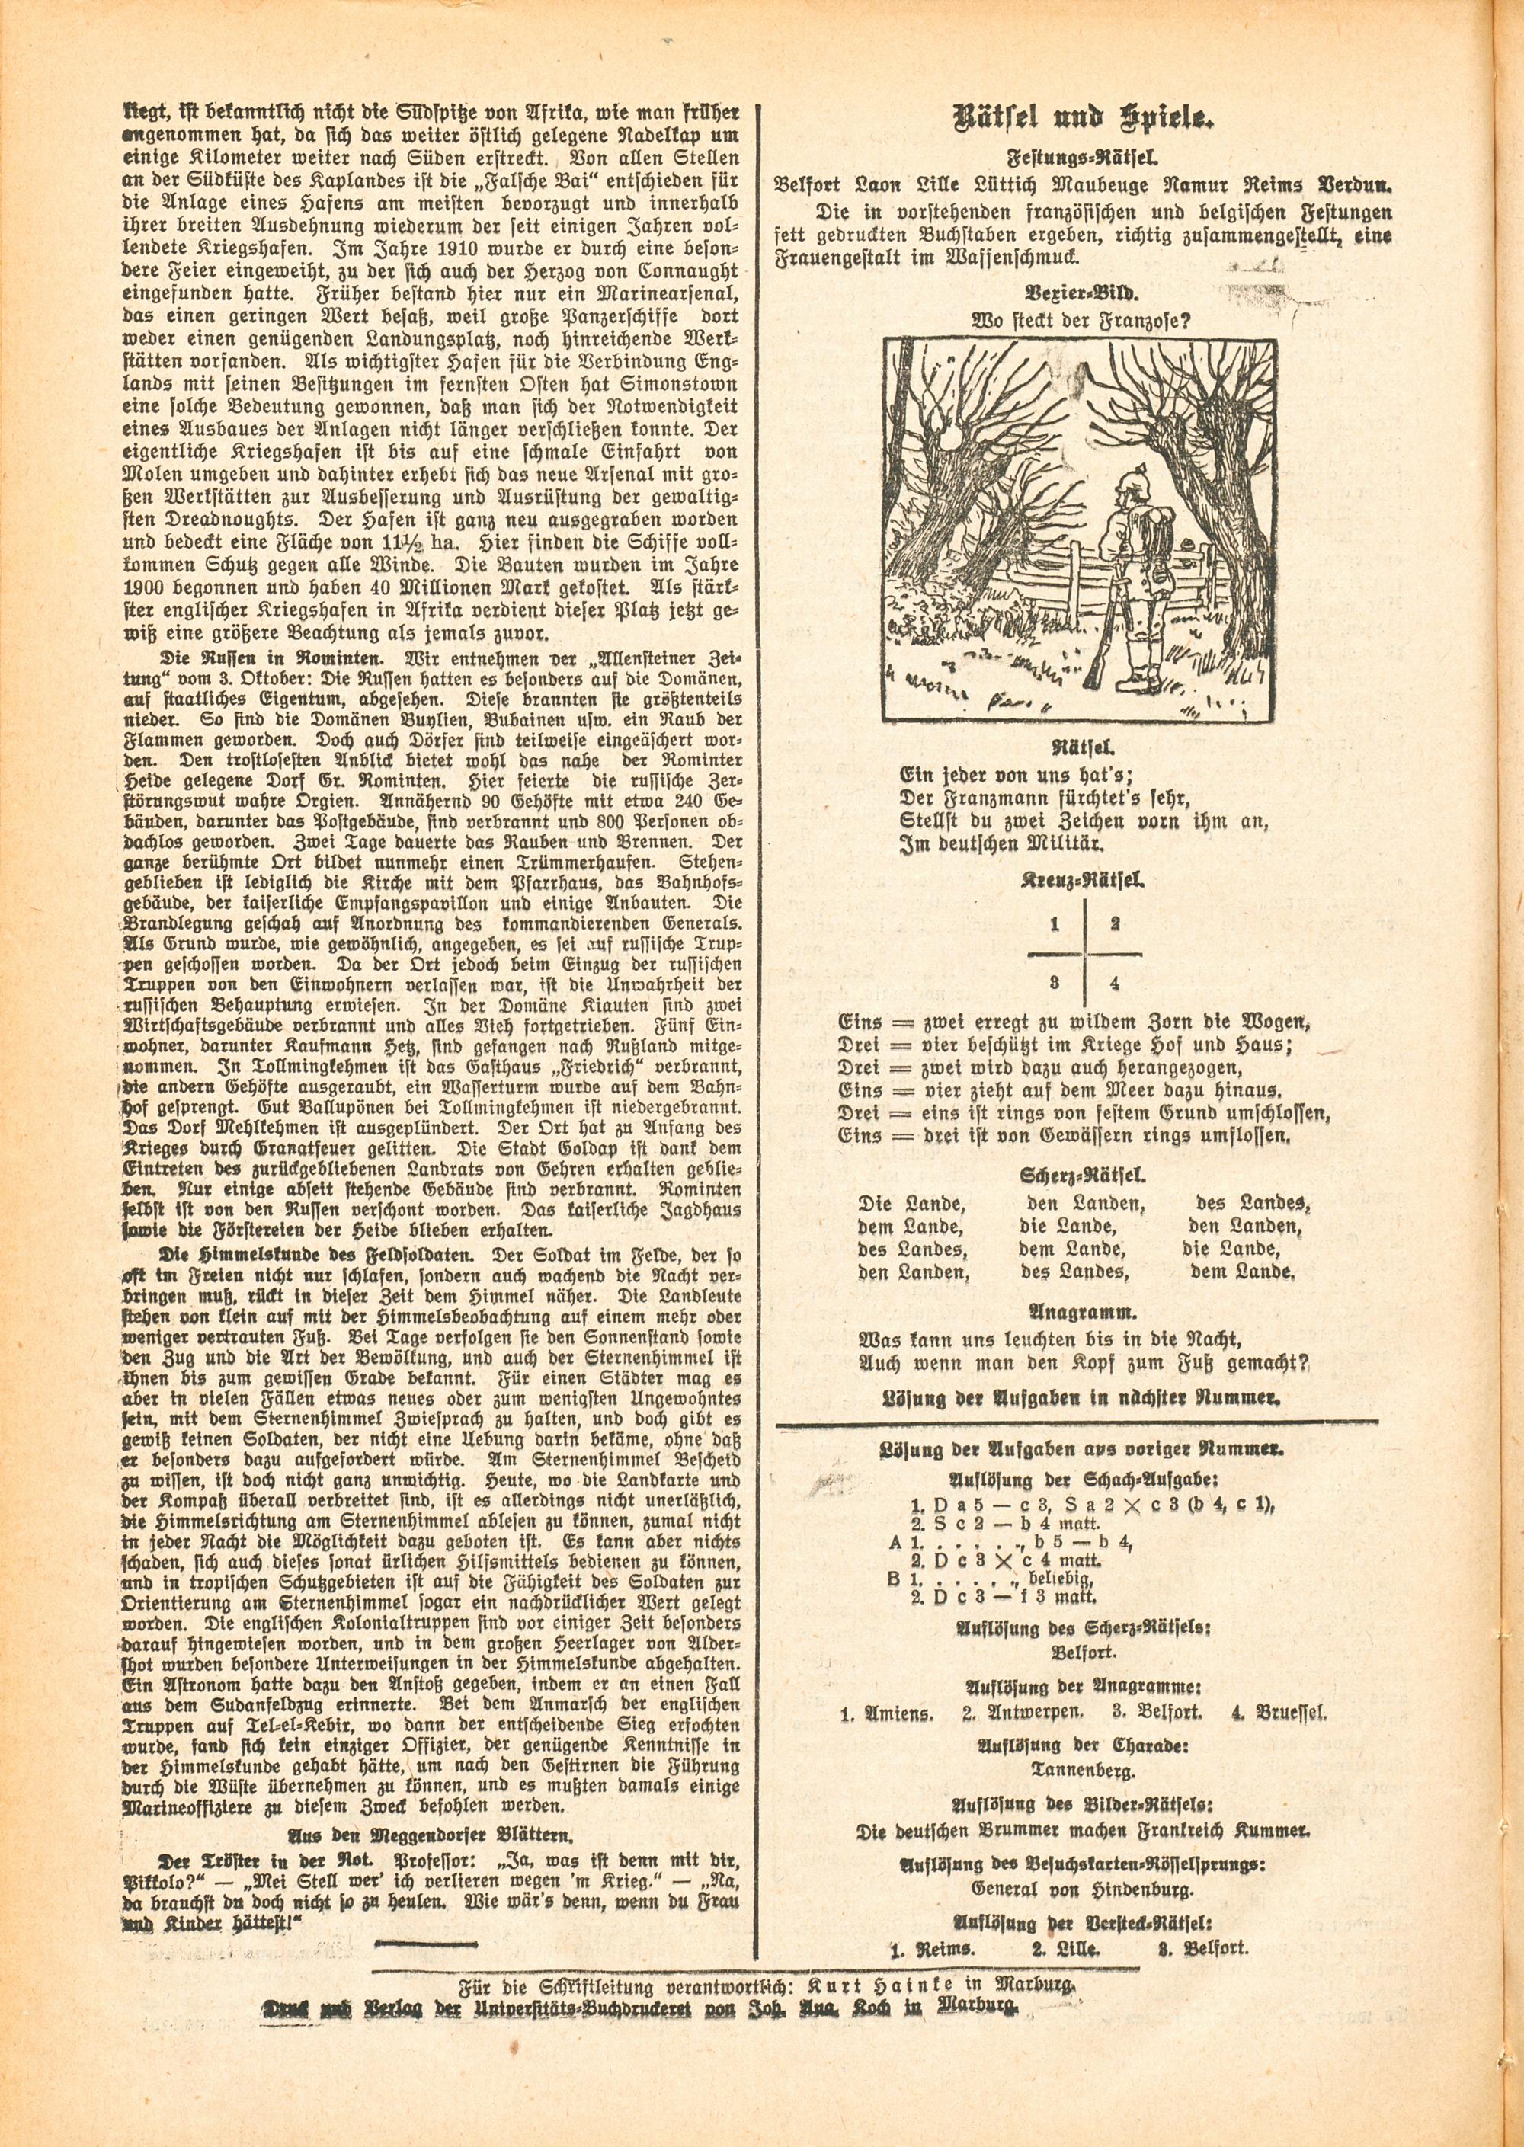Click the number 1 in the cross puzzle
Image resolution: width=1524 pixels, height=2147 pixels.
click(1055, 924)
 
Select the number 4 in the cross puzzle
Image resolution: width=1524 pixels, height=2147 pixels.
click(1114, 984)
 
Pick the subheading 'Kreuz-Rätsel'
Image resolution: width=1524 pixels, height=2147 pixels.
click(1081, 882)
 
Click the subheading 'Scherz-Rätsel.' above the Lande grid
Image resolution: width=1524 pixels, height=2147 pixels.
click(1081, 1175)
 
